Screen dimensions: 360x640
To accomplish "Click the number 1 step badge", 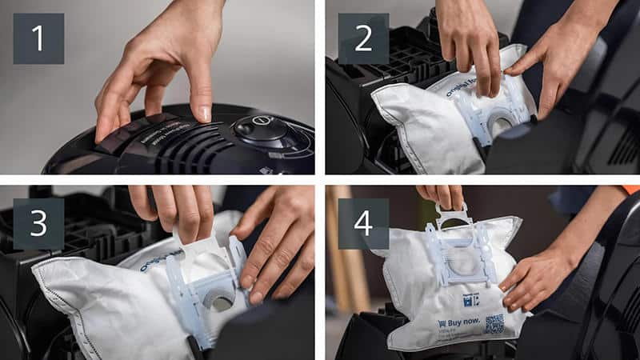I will pyautogui.click(x=38, y=38).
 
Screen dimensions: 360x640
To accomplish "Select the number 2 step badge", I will pyautogui.click(x=363, y=38).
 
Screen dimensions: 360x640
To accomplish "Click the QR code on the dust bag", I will pyautogui.click(x=494, y=323).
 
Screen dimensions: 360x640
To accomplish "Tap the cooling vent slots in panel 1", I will pyautogui.click(x=172, y=149).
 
